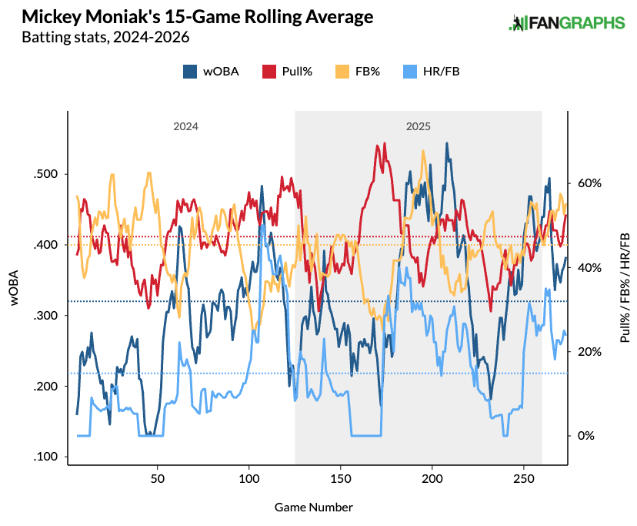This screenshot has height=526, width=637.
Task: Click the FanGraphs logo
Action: point(566,23)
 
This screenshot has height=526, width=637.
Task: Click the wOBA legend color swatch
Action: point(190,72)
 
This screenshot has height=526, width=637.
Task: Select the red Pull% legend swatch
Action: point(269,72)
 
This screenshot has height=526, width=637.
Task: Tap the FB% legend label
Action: point(367,72)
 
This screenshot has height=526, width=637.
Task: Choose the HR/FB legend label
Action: point(441,72)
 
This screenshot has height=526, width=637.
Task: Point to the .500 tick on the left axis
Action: point(46,174)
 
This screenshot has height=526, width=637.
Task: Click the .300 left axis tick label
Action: point(46,315)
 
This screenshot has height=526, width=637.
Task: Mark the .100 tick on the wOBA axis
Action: point(46,457)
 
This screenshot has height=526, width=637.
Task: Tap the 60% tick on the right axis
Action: point(589,183)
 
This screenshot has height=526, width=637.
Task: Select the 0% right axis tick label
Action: point(586,436)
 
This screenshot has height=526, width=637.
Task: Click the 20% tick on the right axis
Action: point(589,351)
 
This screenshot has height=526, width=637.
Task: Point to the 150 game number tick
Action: point(341,478)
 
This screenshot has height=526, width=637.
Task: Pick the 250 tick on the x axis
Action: point(524,478)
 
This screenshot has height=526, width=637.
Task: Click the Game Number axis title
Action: point(314,508)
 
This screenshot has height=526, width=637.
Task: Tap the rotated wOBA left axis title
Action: point(15,287)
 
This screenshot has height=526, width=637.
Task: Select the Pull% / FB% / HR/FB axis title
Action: point(625,287)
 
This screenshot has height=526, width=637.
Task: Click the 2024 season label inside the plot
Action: point(185,126)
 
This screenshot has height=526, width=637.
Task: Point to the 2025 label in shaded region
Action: point(418,126)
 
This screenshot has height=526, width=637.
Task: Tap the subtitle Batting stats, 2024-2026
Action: point(105,38)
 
